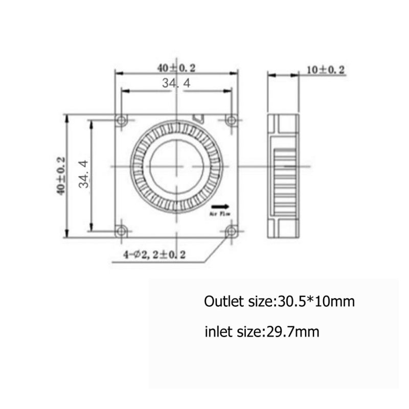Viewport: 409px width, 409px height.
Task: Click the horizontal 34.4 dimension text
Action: coord(176,83)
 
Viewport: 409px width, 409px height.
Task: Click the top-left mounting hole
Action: coord(121,121)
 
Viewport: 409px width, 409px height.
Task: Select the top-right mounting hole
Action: coord(231,121)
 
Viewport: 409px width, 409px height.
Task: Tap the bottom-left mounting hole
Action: coord(121,230)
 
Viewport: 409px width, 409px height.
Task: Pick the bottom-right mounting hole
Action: coord(231,230)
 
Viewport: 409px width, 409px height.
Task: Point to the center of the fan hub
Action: coord(176,167)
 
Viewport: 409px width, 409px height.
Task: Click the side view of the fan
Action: coord(283,176)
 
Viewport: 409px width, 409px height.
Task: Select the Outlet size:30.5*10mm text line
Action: coord(279,301)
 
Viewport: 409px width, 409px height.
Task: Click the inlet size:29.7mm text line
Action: coord(262,332)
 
